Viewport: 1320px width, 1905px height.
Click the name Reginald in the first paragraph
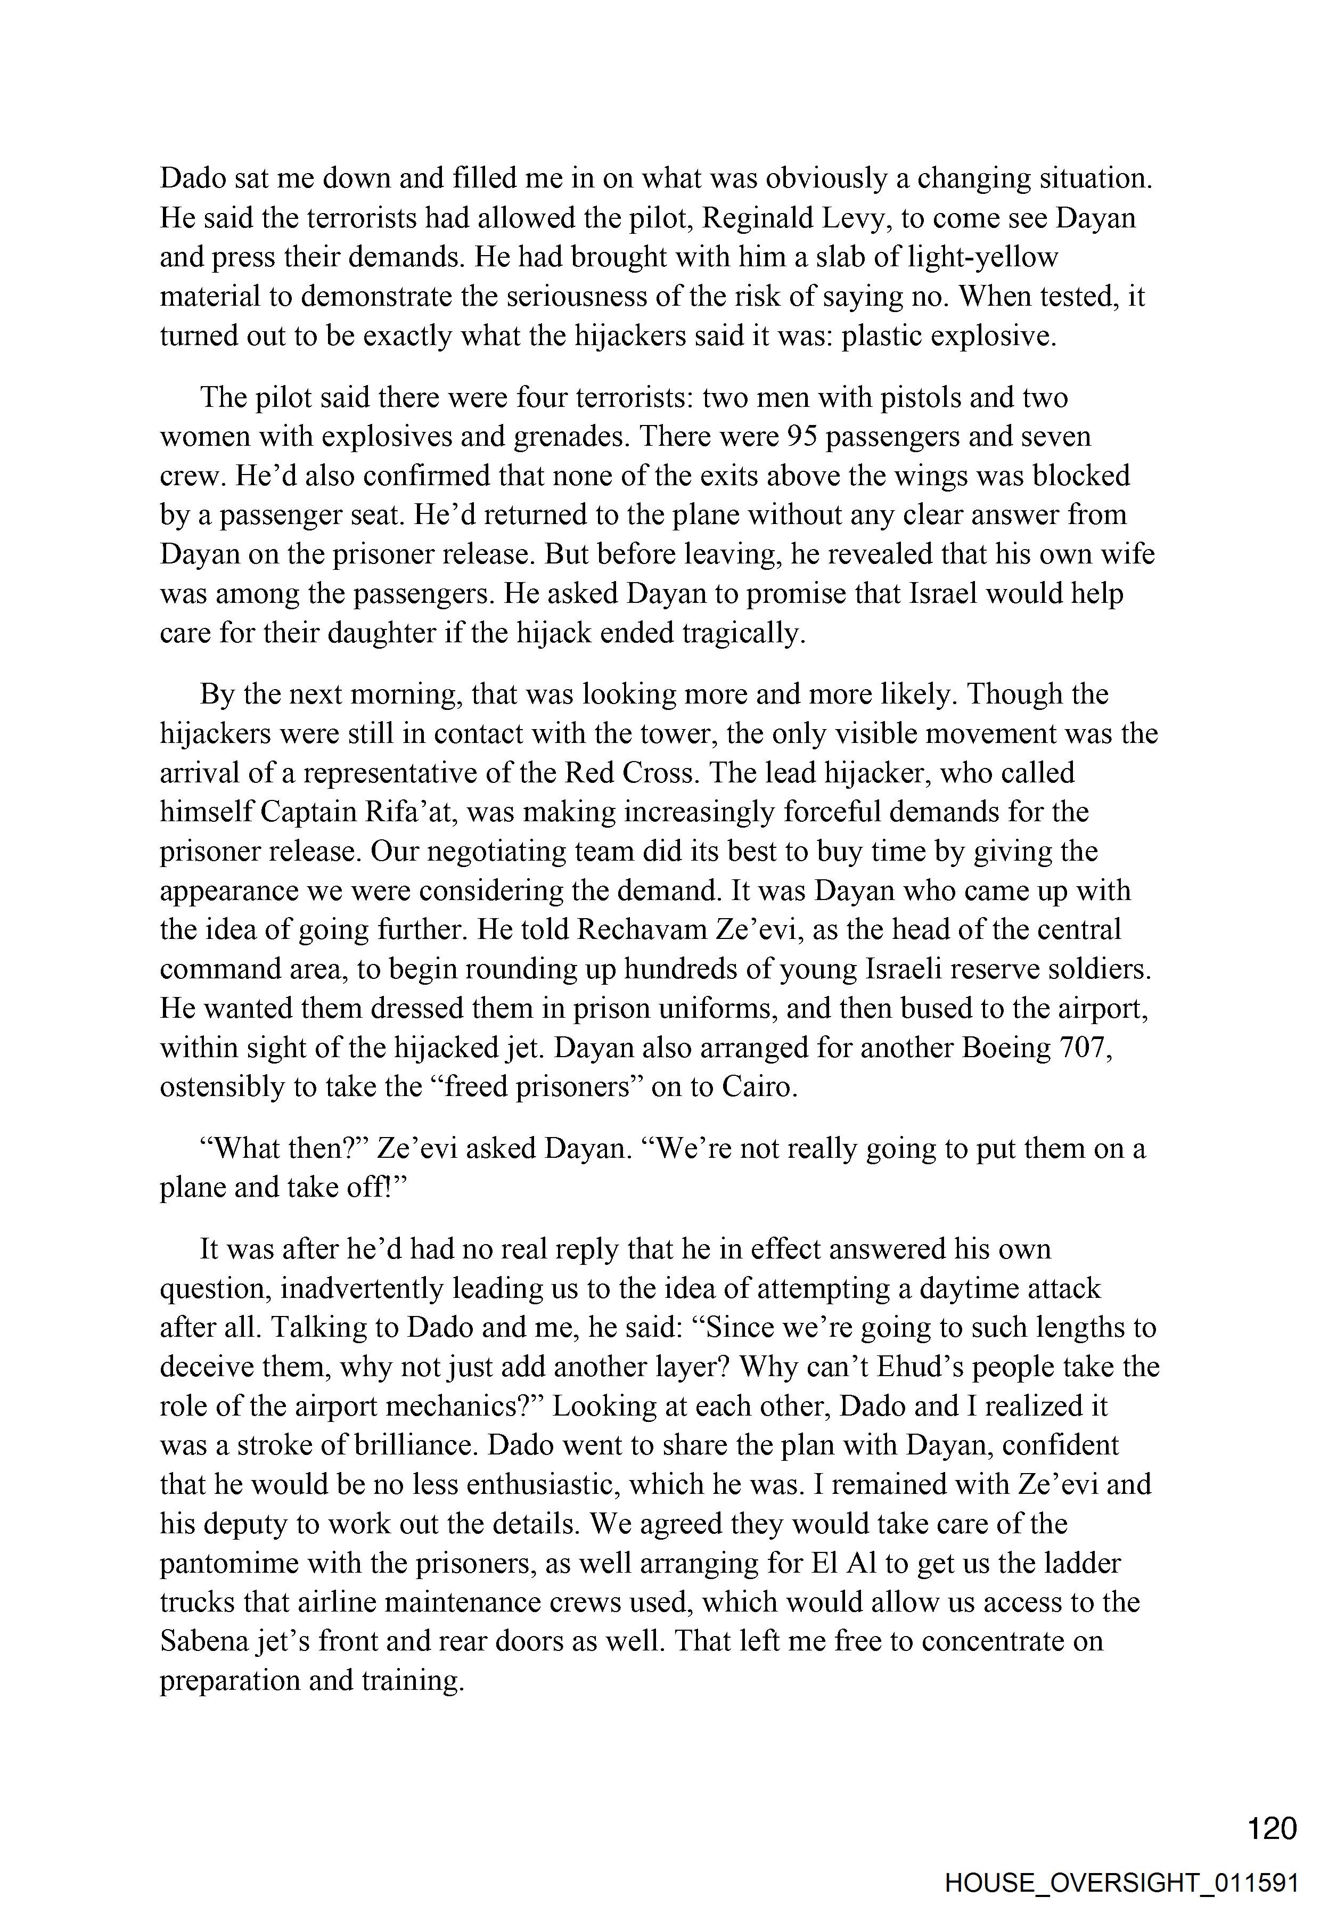pos(765,218)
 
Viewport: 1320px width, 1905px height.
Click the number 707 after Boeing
pos(1084,1047)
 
